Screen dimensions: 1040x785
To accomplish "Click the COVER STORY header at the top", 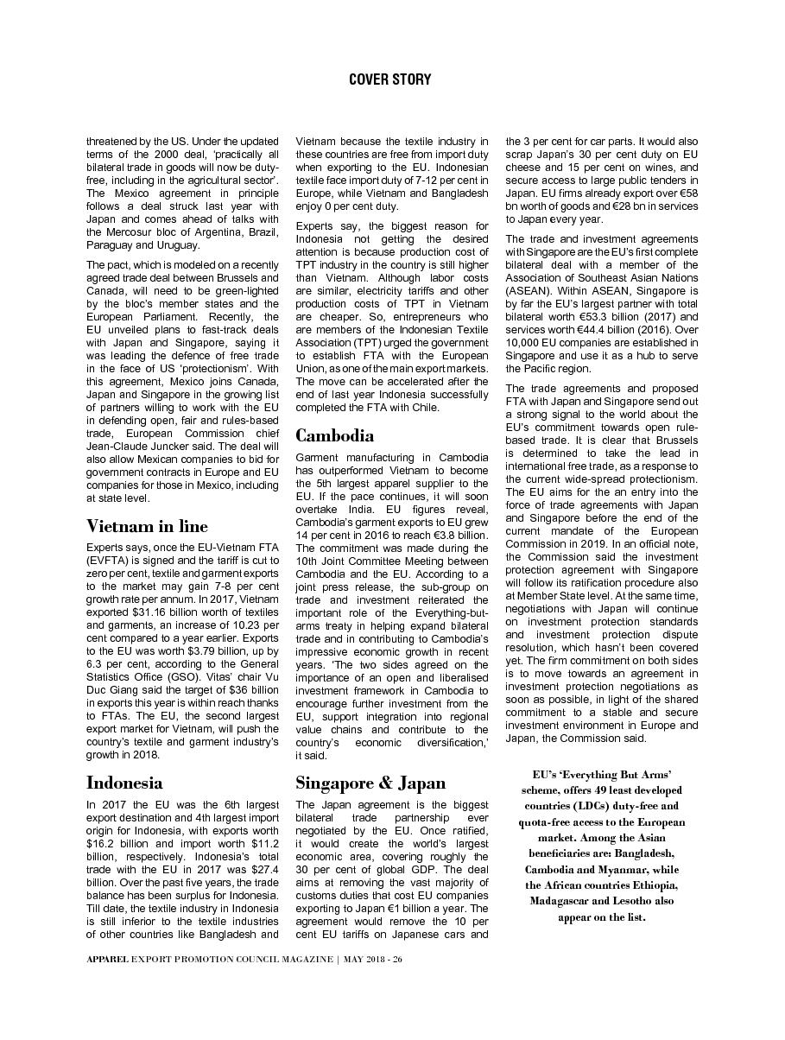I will tap(389, 79).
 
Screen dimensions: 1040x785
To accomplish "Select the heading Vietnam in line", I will tap(147, 526).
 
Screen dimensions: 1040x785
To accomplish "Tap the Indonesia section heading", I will tap(124, 783).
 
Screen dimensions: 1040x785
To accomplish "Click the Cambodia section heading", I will tap(334, 434).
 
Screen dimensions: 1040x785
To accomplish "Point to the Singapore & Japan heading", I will tap(370, 783).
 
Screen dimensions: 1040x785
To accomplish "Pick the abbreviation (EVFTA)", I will tap(107, 560).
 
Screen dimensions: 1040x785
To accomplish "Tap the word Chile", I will tap(423, 407).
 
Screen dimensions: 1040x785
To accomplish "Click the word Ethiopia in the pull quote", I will tap(650, 885).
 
